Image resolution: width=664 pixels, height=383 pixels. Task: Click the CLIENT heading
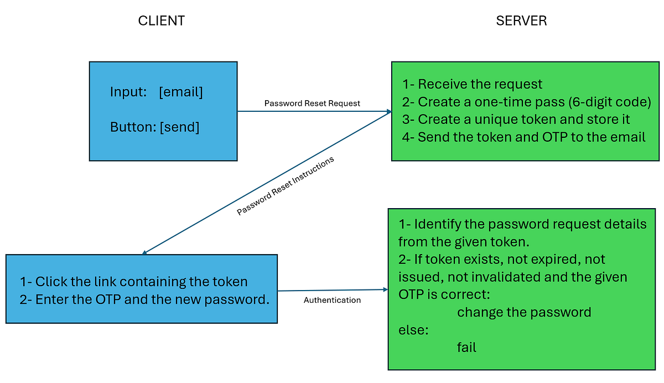click(161, 20)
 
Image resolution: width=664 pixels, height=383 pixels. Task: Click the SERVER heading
click(521, 20)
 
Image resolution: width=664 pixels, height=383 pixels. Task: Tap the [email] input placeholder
click(181, 92)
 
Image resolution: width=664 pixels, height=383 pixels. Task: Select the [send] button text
click(179, 127)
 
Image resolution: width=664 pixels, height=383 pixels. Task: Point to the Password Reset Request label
click(312, 103)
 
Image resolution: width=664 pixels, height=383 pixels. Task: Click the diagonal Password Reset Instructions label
click(285, 186)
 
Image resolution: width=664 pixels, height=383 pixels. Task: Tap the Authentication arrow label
click(332, 300)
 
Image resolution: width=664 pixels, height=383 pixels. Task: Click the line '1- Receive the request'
click(472, 84)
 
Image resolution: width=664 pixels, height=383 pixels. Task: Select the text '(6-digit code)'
click(610, 102)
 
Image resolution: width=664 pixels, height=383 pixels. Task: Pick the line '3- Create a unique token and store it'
click(516, 120)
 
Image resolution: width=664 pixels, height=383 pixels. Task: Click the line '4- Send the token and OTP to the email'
click(524, 137)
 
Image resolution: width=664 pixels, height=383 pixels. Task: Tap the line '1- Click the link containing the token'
click(134, 282)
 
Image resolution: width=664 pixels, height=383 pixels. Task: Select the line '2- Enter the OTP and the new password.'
click(144, 299)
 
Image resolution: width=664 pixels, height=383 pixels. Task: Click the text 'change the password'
click(524, 313)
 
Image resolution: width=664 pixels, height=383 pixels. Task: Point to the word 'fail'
click(466, 348)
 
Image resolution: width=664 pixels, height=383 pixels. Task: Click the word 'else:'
click(413, 330)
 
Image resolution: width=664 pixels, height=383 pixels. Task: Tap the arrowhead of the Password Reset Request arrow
click(390, 111)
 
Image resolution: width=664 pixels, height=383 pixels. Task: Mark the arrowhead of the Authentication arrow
click(386, 289)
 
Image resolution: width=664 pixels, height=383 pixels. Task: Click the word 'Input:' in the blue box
click(128, 92)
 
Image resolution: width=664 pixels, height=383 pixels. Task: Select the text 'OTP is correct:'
click(444, 294)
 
